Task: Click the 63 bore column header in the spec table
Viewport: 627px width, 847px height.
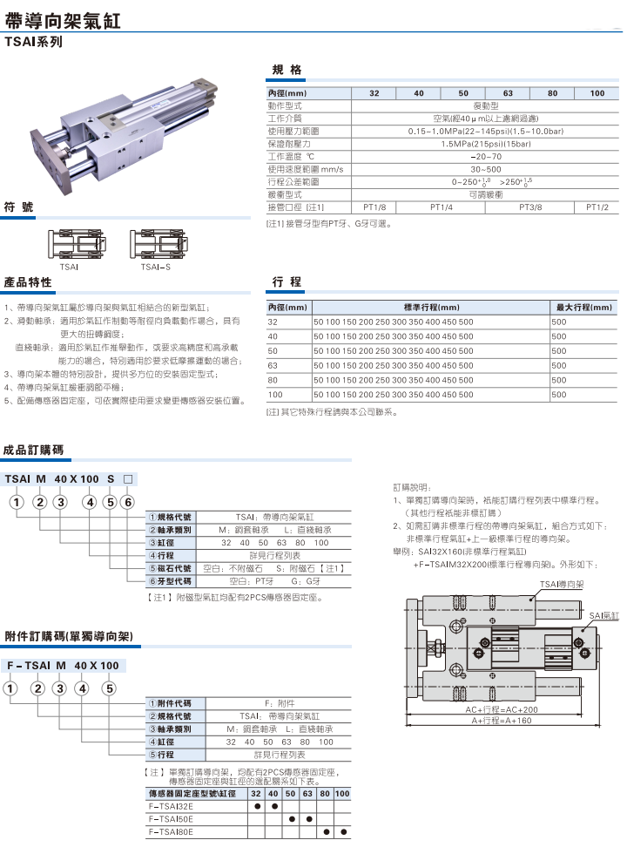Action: click(508, 93)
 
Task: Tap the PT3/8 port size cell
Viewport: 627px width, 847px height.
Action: click(529, 207)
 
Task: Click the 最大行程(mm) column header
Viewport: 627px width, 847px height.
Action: click(584, 308)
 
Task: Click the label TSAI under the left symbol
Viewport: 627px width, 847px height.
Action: click(71, 268)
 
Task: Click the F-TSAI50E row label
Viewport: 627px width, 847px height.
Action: click(171, 819)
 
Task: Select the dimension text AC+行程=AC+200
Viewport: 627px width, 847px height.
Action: click(502, 709)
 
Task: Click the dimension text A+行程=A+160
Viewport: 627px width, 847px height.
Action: click(500, 722)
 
